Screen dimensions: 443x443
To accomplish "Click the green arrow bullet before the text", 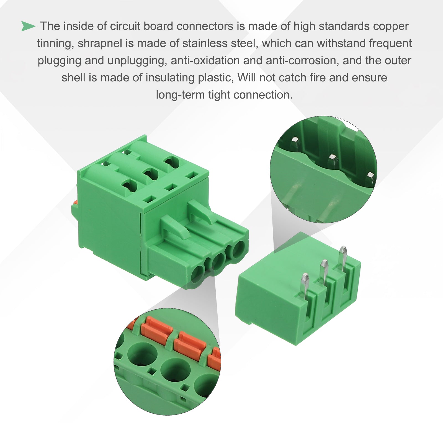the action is coord(28,26).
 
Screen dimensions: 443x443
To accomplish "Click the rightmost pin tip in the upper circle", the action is coord(370,175).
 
